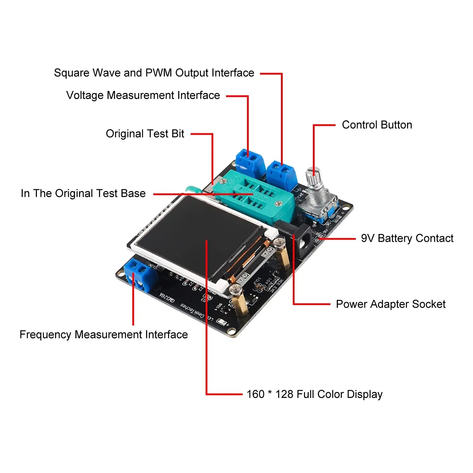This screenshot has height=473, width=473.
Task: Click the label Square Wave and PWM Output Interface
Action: tap(154, 73)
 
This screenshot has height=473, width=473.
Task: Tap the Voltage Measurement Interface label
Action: tap(143, 95)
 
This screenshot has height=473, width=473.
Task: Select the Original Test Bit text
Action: tap(145, 134)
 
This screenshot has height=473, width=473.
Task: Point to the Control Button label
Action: tap(377, 125)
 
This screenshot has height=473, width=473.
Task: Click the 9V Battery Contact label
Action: tap(407, 238)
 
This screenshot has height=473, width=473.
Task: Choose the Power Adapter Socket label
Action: tap(390, 304)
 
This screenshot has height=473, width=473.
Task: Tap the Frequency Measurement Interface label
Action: tap(103, 335)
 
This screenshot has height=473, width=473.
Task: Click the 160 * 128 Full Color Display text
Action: tap(314, 394)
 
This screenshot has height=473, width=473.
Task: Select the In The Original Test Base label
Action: tap(83, 193)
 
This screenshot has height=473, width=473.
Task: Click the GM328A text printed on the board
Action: tap(167, 297)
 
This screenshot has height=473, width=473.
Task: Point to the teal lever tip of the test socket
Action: tap(192, 190)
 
